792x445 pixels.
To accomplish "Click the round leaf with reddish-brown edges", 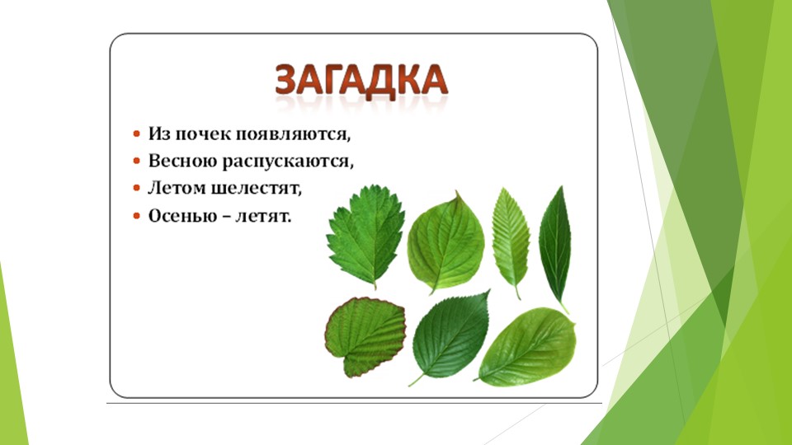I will (364, 335).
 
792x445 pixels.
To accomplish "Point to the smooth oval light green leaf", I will (528, 345).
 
